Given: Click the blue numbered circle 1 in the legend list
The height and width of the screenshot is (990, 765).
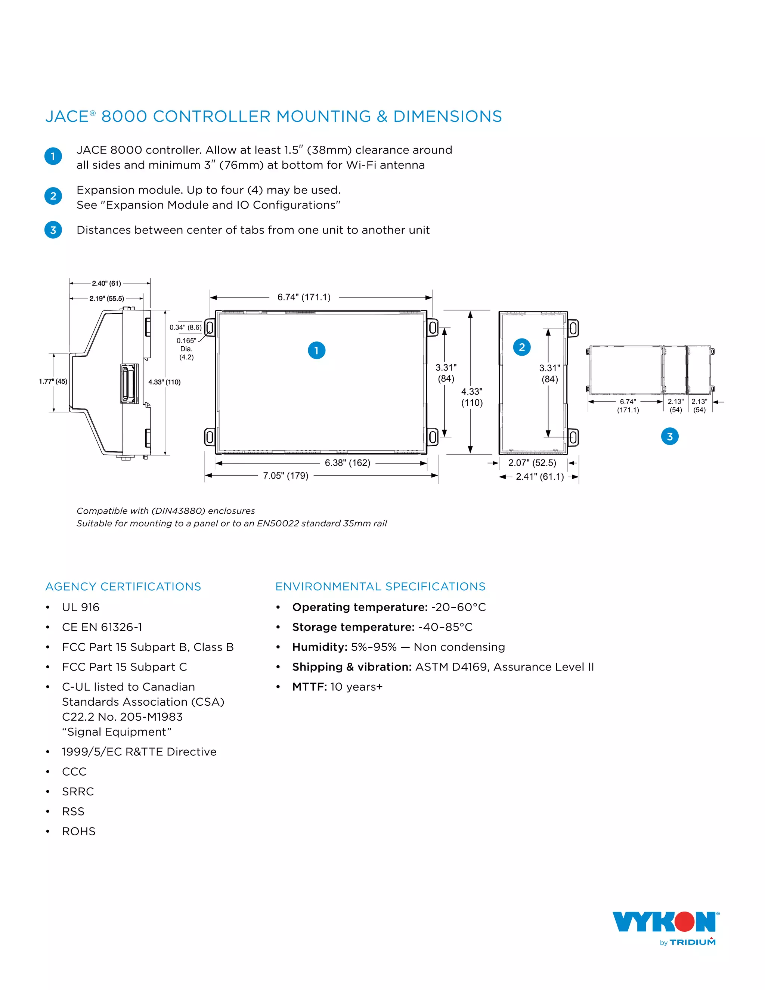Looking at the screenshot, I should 53,157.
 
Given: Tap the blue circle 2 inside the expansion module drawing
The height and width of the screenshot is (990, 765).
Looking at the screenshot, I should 521,347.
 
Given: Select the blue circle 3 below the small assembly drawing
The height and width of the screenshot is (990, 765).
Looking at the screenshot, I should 669,436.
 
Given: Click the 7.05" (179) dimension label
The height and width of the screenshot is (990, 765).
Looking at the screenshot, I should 285,476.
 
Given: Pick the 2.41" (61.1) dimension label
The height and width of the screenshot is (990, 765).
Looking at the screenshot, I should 540,476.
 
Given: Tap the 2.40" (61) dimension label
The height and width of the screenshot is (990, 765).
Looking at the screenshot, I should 106,283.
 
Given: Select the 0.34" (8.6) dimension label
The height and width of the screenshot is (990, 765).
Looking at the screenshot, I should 185,327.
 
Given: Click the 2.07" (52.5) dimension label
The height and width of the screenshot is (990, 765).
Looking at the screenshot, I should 532,463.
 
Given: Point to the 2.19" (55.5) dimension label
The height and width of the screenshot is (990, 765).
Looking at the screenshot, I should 106,298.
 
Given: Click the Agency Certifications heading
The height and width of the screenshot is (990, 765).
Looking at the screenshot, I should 123,587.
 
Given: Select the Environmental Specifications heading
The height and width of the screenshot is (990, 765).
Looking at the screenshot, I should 380,587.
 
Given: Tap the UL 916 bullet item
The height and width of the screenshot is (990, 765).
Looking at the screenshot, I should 81,607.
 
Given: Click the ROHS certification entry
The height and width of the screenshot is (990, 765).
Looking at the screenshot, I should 79,831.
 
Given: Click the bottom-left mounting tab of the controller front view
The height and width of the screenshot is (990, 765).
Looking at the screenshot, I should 210,437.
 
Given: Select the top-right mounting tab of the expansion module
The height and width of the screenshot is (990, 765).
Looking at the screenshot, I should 573,328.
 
